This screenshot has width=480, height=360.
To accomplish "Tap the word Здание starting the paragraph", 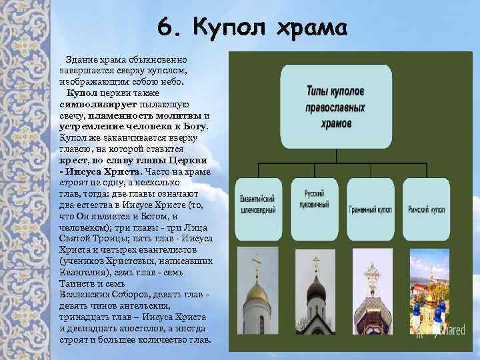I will click(x=85, y=61).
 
